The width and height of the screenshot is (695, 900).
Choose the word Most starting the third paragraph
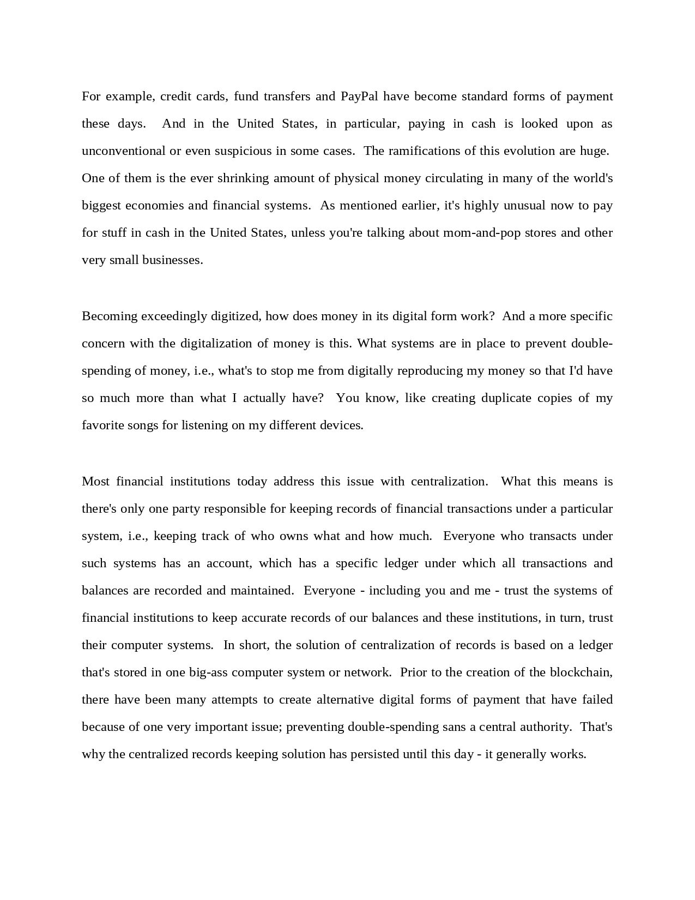95,482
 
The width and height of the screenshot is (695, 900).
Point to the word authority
545,727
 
